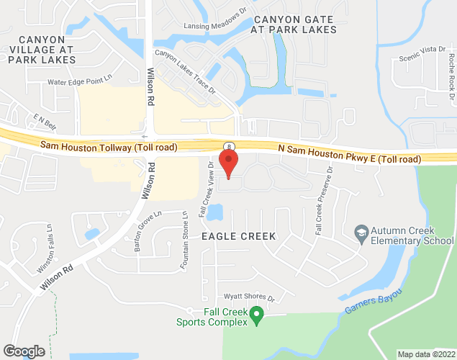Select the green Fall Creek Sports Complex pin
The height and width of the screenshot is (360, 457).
click(x=255, y=315)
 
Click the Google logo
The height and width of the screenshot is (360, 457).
click(x=23, y=351)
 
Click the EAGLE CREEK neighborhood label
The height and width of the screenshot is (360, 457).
click(x=237, y=235)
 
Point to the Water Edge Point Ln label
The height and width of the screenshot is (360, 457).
click(x=81, y=82)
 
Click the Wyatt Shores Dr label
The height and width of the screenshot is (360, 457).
click(x=249, y=297)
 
